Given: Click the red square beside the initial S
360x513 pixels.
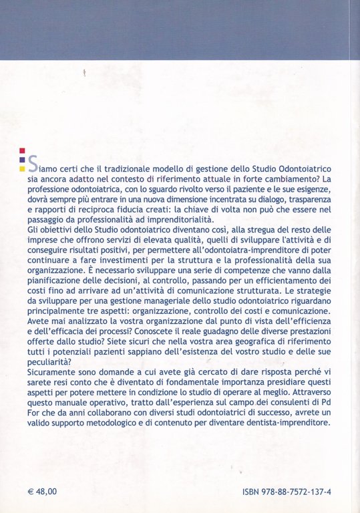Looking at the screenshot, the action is click(x=23, y=150).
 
